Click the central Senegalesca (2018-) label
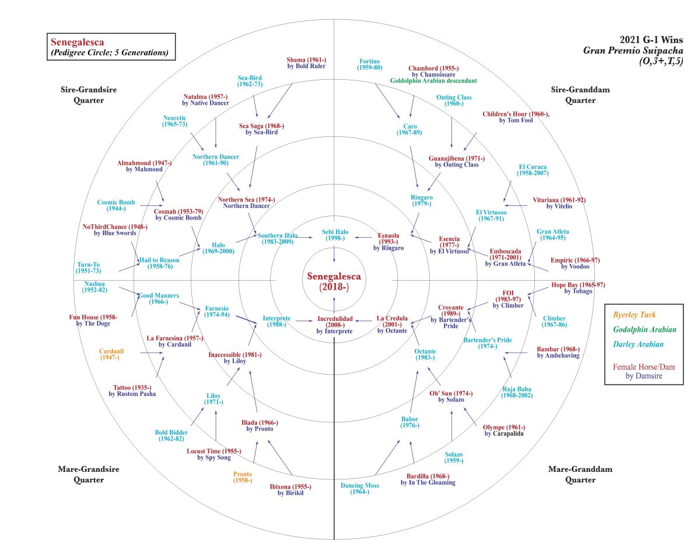tap(334, 281)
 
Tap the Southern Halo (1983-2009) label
tap(278, 239)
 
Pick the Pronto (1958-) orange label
tap(242, 477)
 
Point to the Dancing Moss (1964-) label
tap(360, 488)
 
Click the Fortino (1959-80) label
tap(370, 65)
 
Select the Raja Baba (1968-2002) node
tap(517, 392)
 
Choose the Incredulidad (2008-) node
tap(334, 323)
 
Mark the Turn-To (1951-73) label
tap(89, 268)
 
